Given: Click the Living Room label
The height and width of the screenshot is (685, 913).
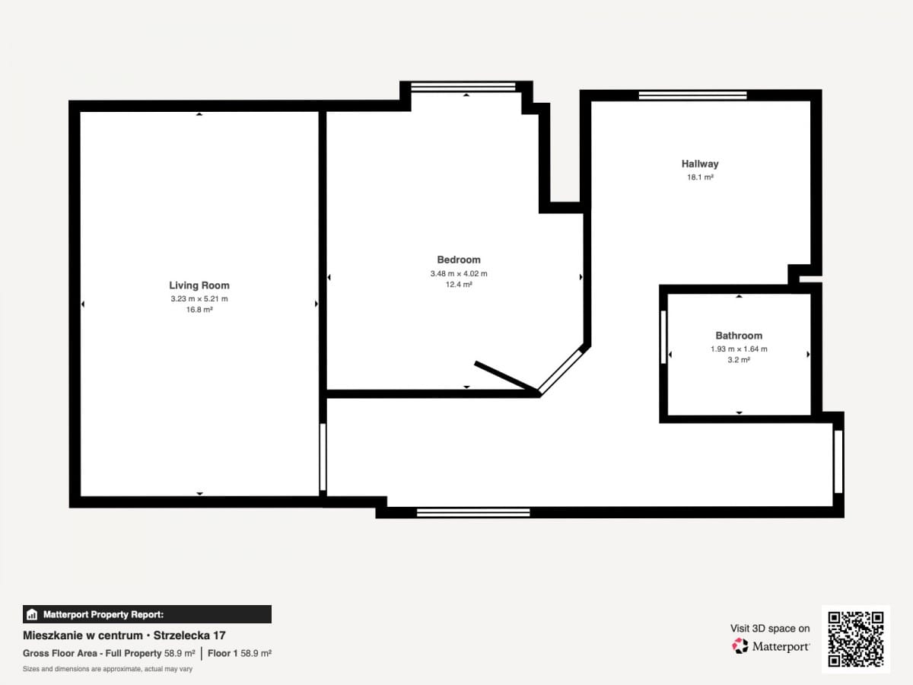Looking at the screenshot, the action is (199, 285).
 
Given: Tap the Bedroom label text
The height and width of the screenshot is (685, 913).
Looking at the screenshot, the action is (459, 260).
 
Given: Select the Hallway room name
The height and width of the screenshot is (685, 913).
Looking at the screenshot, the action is (700, 164).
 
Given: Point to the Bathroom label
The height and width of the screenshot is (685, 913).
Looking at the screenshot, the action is (739, 335).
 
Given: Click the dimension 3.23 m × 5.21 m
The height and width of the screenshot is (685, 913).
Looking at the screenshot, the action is (199, 298).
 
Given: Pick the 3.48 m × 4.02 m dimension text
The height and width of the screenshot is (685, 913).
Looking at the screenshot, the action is (459, 274).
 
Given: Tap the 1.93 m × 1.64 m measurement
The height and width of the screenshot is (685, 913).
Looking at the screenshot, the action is (739, 349).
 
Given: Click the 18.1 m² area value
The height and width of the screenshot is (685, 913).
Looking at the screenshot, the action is (700, 177).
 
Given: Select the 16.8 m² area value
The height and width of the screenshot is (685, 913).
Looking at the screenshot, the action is (199, 310).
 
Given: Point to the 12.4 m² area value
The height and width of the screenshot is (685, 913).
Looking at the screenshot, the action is (459, 285).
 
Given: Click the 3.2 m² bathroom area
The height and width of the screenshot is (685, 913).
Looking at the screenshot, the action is (739, 360).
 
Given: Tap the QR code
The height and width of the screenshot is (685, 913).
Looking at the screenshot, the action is (856, 639).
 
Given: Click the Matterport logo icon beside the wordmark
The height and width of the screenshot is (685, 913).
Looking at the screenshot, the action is (740, 646).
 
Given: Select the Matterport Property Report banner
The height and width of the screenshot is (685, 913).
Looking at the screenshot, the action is (148, 614).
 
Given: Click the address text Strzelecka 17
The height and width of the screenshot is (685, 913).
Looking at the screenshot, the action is (189, 636).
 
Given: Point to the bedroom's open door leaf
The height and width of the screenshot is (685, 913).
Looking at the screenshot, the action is (506, 377).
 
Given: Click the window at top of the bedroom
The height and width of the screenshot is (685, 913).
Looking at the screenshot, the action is (463, 87).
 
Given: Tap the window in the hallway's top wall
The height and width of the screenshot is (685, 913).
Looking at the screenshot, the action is (692, 96).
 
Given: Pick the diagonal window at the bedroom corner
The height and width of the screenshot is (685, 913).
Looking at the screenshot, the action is (560, 371).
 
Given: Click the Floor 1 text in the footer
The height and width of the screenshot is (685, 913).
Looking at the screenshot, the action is (222, 653).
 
